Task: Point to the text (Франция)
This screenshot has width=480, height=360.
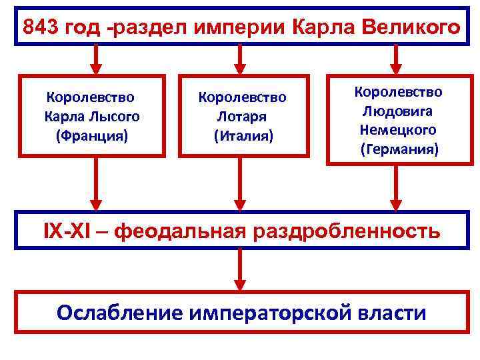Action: [92, 137]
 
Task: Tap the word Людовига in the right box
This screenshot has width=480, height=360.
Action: [399, 109]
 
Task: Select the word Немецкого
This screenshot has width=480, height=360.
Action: [399, 129]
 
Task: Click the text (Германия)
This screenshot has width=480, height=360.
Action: [399, 149]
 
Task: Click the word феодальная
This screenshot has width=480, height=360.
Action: [181, 231]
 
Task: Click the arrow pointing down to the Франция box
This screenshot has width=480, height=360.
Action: [96, 60]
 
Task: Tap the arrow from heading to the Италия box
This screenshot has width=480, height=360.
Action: [241, 60]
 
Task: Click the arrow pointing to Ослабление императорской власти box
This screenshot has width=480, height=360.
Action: [241, 271]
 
